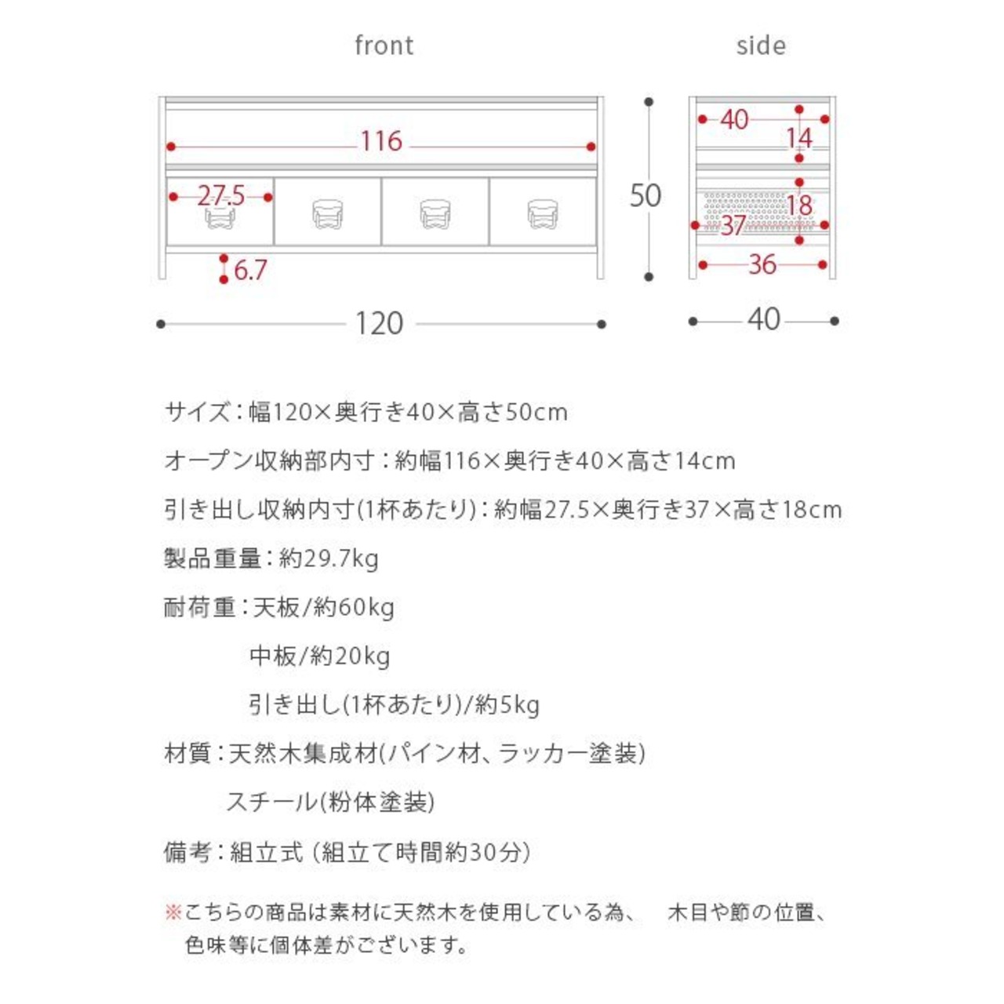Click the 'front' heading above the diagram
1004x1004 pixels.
pyautogui.click(x=384, y=45)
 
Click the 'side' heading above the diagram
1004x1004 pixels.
pyautogui.click(x=761, y=45)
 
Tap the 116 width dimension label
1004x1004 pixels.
pyautogui.click(x=381, y=141)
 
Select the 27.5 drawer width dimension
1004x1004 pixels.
pyautogui.click(x=220, y=195)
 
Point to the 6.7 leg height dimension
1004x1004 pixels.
pyautogui.click(x=250, y=271)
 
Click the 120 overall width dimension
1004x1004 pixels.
pyautogui.click(x=379, y=323)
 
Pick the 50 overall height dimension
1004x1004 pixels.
pyautogui.click(x=646, y=195)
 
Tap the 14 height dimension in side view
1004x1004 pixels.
pyautogui.click(x=799, y=138)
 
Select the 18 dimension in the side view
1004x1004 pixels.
pyautogui.click(x=799, y=206)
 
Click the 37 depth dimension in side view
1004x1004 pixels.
pyautogui.click(x=733, y=226)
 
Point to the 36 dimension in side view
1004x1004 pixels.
pyautogui.click(x=762, y=264)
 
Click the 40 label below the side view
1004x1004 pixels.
pyautogui.click(x=763, y=319)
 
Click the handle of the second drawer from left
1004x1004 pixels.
pyautogui.click(x=328, y=213)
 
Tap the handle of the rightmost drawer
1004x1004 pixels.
pyautogui.click(x=543, y=213)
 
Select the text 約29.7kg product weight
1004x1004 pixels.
pyautogui.click(x=329, y=558)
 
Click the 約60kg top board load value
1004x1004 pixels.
pyautogui.click(x=354, y=607)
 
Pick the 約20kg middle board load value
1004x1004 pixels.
pyautogui.click(x=350, y=656)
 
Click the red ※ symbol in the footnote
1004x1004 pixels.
pyautogui.click(x=173, y=912)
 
